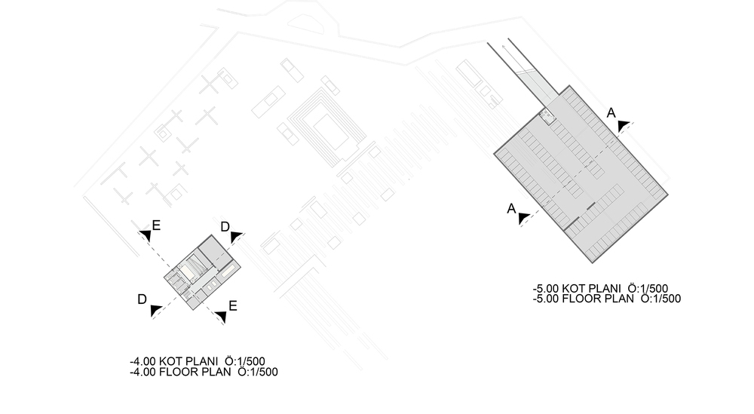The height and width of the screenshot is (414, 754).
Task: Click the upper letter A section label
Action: (611, 113)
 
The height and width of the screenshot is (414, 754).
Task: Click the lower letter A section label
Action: (511, 209)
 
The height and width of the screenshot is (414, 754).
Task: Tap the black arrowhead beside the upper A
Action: (624, 126)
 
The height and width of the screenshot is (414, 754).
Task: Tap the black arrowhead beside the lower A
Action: (524, 218)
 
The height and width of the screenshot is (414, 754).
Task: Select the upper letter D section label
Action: (225, 227)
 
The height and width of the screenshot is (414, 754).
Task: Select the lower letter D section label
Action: (142, 299)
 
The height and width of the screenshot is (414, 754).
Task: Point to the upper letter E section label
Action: (156, 225)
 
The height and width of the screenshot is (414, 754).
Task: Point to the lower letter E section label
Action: (233, 306)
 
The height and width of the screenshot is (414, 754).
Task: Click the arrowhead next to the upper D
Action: (236, 237)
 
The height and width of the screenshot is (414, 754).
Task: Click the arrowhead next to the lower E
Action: (221, 317)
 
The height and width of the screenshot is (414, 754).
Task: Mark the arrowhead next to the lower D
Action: (155, 311)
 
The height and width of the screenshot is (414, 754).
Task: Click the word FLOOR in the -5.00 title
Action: (581, 299)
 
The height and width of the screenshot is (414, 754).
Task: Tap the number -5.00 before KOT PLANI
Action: (546, 289)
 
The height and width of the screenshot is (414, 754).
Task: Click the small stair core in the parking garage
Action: (547, 116)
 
